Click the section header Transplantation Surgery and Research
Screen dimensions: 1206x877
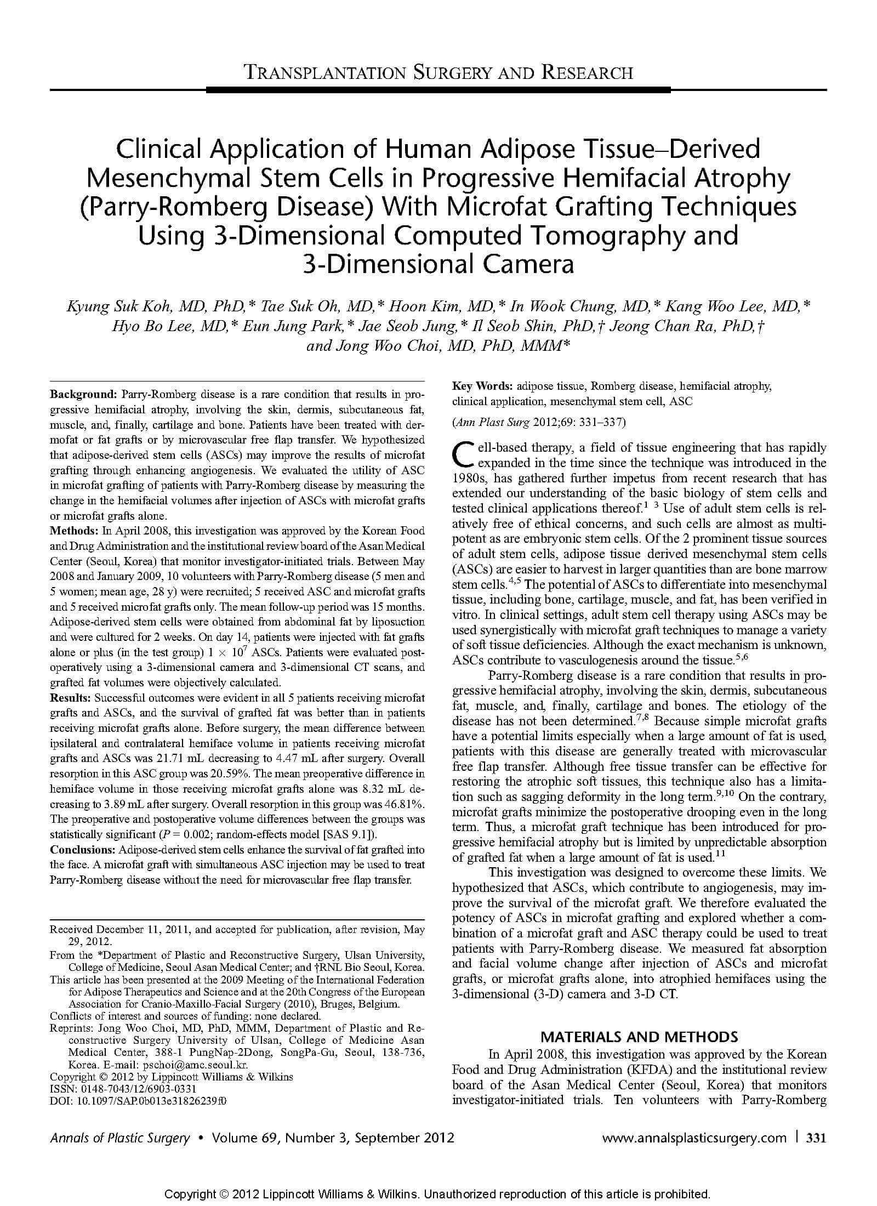pyautogui.click(x=438, y=72)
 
